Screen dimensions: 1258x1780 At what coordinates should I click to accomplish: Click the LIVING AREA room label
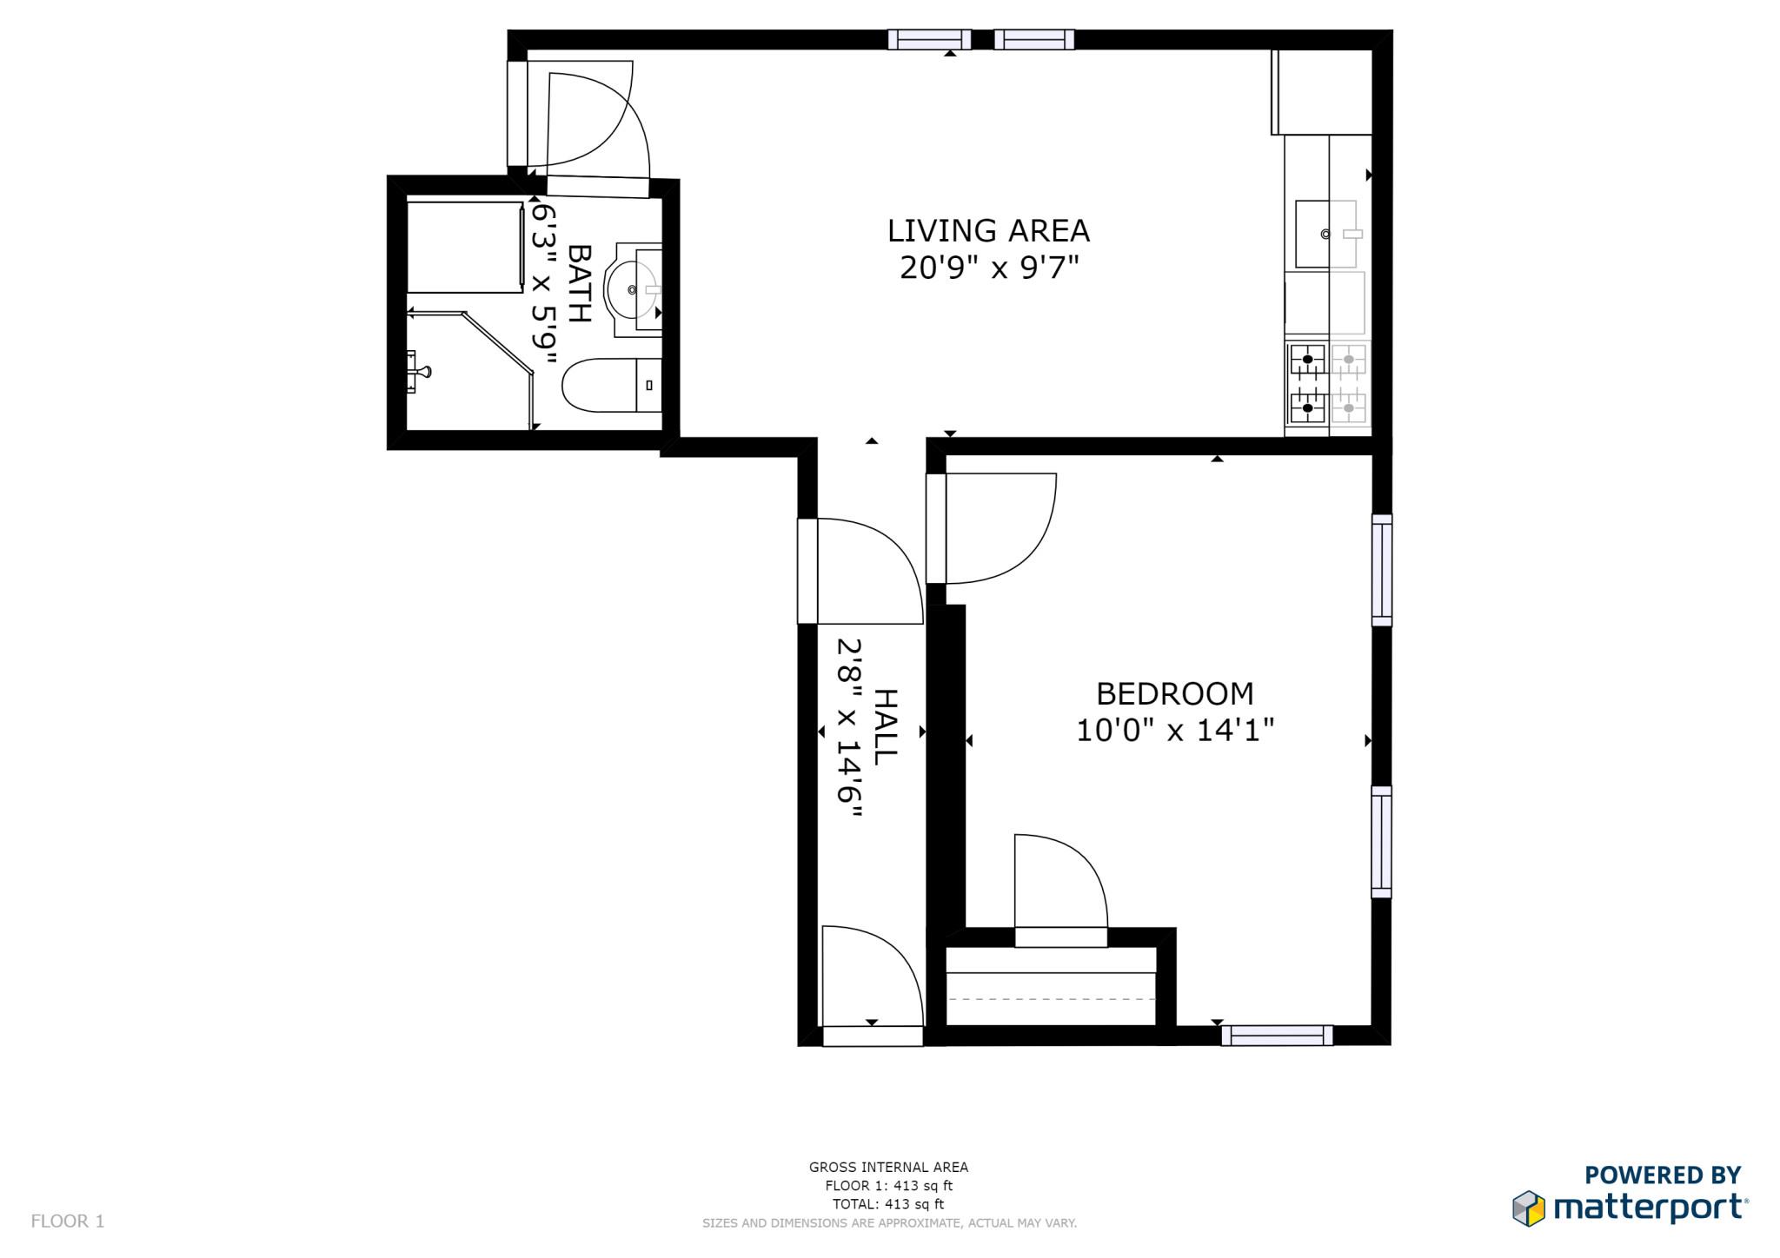click(988, 231)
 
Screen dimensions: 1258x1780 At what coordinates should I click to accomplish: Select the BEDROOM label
click(1174, 693)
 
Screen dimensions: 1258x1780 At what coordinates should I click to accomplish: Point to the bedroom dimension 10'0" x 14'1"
click(1174, 731)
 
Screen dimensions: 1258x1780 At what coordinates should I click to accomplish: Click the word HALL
click(885, 727)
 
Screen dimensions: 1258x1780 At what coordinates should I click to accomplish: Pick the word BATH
click(580, 283)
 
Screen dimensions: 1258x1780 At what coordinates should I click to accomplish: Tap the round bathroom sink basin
click(631, 289)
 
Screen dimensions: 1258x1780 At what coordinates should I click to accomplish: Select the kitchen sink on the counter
click(1325, 234)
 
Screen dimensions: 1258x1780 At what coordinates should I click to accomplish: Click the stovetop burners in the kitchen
click(1327, 383)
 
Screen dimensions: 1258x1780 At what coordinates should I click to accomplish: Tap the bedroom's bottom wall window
click(1276, 1035)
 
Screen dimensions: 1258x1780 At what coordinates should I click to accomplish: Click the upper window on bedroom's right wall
click(1381, 570)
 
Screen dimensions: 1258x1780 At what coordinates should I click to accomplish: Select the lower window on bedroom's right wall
click(1381, 842)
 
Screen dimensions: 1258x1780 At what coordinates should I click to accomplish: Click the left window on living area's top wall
click(929, 39)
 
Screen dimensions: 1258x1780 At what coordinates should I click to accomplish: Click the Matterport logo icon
click(1529, 1208)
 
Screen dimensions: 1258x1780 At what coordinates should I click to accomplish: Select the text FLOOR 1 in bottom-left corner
click(68, 1221)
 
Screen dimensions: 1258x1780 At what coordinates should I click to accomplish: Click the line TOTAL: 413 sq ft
click(888, 1204)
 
